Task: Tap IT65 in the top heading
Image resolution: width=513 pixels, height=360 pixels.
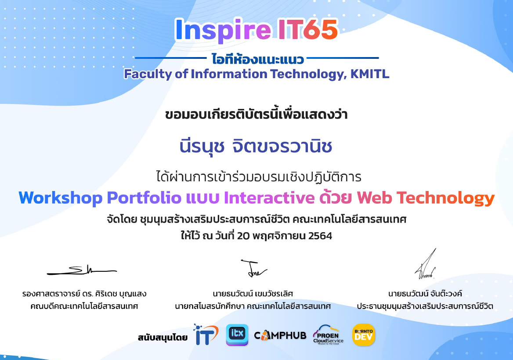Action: (x=308, y=29)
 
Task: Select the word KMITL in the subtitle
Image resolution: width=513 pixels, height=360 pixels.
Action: (x=370, y=74)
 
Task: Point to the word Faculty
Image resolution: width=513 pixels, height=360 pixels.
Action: (x=148, y=75)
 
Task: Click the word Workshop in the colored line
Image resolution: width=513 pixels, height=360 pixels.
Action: (x=61, y=198)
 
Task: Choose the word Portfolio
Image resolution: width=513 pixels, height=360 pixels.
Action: (x=144, y=198)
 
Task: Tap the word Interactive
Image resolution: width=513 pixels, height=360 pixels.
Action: (x=269, y=198)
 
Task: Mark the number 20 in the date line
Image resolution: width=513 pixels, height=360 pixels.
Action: (x=243, y=236)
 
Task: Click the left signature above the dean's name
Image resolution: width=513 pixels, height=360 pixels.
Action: (x=82, y=270)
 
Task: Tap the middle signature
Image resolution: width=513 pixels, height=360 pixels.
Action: (x=254, y=268)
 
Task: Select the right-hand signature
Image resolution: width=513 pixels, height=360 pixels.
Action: (x=426, y=264)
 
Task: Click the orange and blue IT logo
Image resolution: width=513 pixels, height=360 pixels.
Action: (x=206, y=335)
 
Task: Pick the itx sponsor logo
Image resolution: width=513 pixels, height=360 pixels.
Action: (x=237, y=335)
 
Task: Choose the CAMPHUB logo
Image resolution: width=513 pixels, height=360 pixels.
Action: (x=280, y=335)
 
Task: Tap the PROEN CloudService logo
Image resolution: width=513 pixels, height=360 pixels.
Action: (x=328, y=335)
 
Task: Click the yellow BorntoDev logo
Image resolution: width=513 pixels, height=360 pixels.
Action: (x=364, y=335)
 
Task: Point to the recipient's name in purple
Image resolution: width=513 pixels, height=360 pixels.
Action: (x=256, y=146)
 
